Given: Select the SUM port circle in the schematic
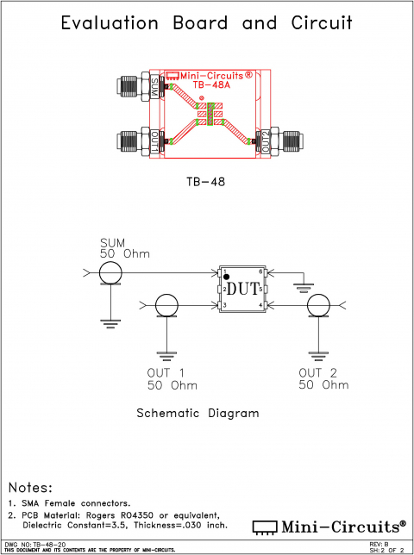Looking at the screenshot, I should coord(110,274).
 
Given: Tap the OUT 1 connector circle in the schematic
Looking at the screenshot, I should coord(166,305).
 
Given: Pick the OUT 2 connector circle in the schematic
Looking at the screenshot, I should coord(319,305).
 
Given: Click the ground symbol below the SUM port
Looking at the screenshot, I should coord(110,323).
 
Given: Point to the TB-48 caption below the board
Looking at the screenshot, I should coord(206,183).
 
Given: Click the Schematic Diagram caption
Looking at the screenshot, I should coord(198,413).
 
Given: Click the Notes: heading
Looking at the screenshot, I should coord(30,488).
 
